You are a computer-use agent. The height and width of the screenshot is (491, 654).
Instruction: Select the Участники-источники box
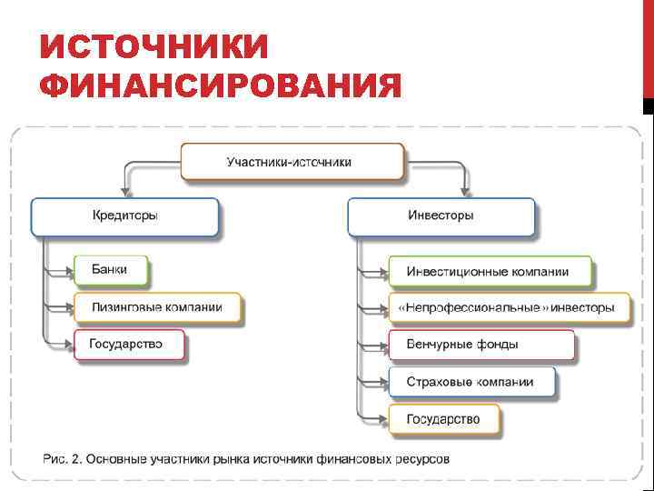click(x=292, y=162)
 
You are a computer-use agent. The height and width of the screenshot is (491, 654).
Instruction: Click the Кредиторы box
click(x=125, y=216)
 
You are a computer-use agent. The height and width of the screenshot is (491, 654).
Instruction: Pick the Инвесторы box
click(x=441, y=216)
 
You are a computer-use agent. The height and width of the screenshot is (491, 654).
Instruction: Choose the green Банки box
click(x=111, y=270)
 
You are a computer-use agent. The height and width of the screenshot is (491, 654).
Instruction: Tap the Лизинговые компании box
click(x=158, y=307)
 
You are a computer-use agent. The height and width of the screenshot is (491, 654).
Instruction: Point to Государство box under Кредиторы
click(x=128, y=345)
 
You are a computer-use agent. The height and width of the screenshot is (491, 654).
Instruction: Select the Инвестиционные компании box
click(x=489, y=272)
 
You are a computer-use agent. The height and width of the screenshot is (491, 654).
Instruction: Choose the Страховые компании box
click(x=472, y=383)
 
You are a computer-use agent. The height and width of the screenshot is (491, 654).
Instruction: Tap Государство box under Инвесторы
click(x=444, y=419)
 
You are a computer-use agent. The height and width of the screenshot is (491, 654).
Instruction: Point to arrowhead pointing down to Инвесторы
click(x=465, y=191)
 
